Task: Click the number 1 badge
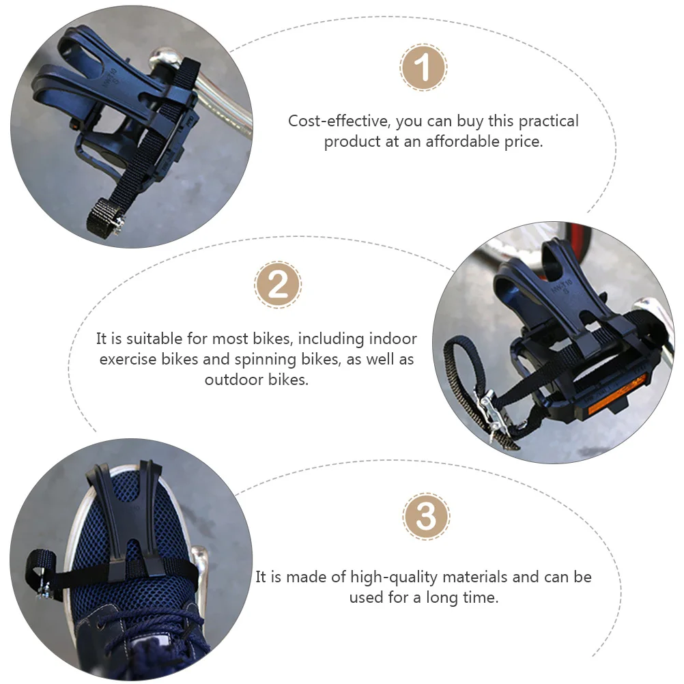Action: tap(423, 68)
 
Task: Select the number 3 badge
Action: tap(426, 517)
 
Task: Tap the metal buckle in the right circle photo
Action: tap(489, 410)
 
